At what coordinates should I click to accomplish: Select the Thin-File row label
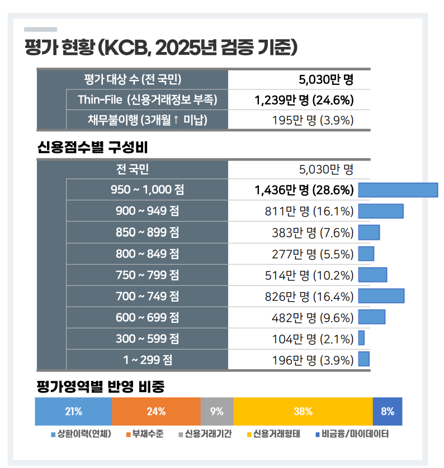[147, 100]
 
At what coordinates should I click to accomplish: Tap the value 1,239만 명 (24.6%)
[304, 100]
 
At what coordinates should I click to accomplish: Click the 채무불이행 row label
[147, 120]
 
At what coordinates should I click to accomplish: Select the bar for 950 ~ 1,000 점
[398, 190]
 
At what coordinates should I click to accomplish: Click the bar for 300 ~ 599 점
[361, 338]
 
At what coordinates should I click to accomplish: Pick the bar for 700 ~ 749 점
[381, 296]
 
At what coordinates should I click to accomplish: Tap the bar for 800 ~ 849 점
[366, 254]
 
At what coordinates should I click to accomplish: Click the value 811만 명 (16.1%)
[309, 211]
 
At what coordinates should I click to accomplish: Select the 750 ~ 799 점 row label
[147, 275]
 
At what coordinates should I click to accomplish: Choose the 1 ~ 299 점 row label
[147, 360]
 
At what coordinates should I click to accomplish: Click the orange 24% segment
[156, 412]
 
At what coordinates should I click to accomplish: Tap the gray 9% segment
[216, 412]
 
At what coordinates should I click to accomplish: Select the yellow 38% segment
[303, 412]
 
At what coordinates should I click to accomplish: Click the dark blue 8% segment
[388, 412]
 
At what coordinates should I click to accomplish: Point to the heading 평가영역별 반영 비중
[101, 386]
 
